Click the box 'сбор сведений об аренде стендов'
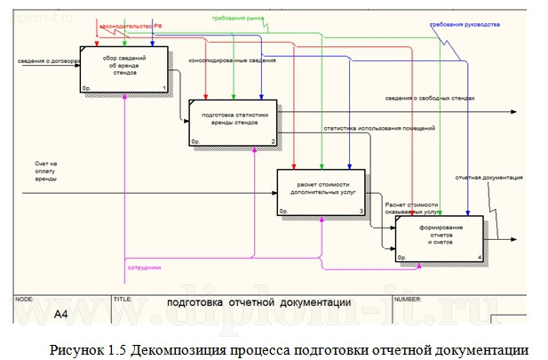point(124,68)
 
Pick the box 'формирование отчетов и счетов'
point(441,238)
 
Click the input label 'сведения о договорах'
point(49,62)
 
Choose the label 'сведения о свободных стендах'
point(430,98)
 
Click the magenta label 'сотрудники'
point(144,266)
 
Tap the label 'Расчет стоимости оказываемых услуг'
point(406,210)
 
